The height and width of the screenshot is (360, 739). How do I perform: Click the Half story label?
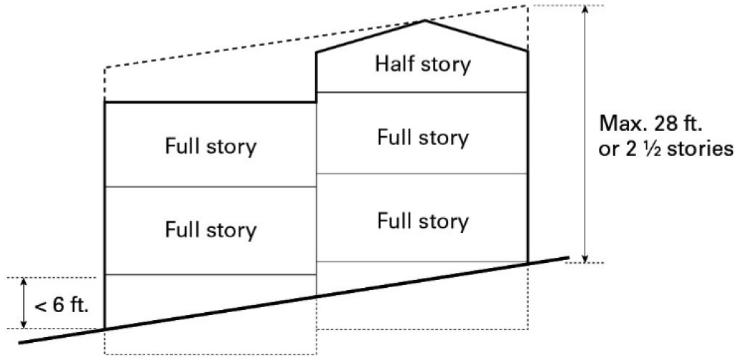(x=422, y=64)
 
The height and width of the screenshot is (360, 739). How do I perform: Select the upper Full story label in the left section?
(x=210, y=146)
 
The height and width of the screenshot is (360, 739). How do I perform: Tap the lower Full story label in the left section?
(x=210, y=230)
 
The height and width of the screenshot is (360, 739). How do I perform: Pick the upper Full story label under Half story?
(x=422, y=137)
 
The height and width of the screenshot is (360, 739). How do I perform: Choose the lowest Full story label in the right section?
(x=422, y=220)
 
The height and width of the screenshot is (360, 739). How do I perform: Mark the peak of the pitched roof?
(x=426, y=21)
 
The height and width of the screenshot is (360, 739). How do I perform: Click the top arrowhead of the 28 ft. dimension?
(x=585, y=9)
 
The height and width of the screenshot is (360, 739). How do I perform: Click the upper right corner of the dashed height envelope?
(x=528, y=6)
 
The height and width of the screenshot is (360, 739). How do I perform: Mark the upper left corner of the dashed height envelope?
(x=105, y=69)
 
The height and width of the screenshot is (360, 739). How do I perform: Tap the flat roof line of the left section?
(x=210, y=102)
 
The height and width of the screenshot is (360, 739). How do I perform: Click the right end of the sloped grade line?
(x=568, y=256)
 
